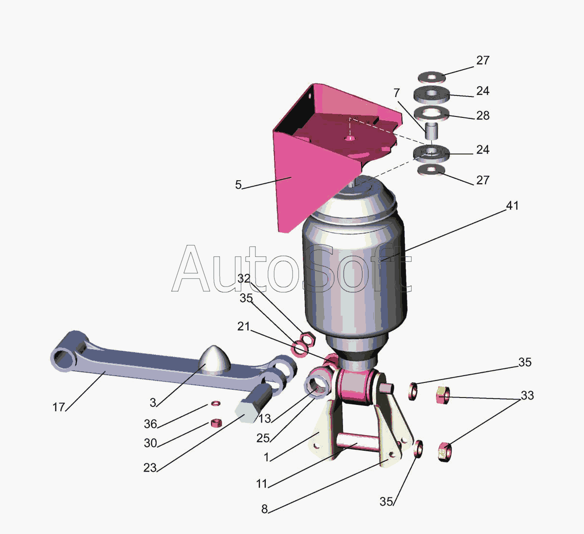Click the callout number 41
(x=512, y=206)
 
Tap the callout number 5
(x=238, y=185)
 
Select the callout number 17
(x=58, y=407)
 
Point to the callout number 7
(x=397, y=93)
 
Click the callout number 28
(x=483, y=116)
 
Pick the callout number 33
(x=527, y=396)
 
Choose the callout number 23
(x=150, y=468)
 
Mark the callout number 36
(x=150, y=424)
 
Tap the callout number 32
(x=244, y=279)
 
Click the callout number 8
(x=264, y=509)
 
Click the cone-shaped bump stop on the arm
(x=215, y=360)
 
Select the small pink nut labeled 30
(x=216, y=423)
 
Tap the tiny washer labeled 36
(x=216, y=403)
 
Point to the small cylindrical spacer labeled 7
(x=431, y=131)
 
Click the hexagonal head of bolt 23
(x=247, y=411)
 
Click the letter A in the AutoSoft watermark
(x=191, y=269)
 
